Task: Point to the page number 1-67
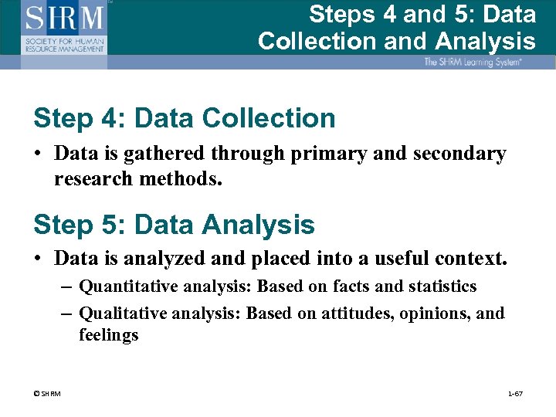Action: point(516,395)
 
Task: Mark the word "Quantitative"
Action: point(127,287)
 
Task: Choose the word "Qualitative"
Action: point(122,314)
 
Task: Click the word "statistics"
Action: point(442,287)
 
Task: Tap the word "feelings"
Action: point(109,335)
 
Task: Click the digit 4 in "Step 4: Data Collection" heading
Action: point(107,119)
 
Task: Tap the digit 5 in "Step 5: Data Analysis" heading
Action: point(107,225)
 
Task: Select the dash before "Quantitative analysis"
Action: point(66,287)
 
